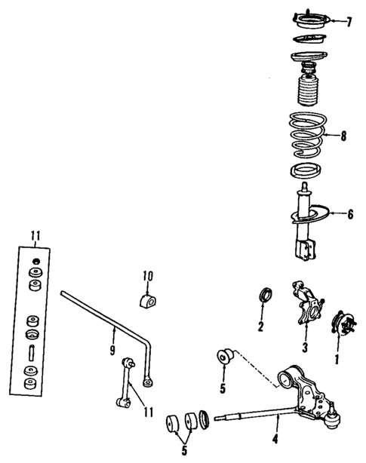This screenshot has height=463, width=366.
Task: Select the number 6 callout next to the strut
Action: point(349,213)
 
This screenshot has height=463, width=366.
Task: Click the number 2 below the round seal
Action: point(260,327)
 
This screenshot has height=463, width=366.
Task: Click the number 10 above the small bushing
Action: point(148,275)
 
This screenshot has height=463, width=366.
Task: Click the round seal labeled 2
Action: point(266,296)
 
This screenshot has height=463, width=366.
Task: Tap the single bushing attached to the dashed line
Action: point(225,355)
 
